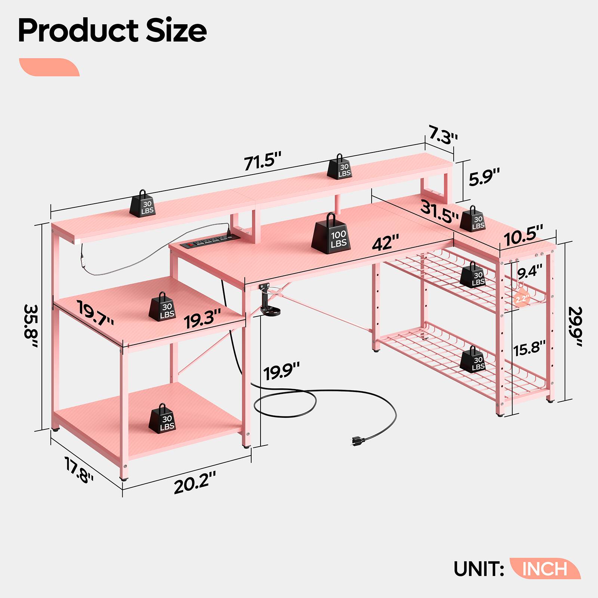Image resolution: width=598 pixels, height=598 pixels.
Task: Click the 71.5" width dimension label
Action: click(x=262, y=162)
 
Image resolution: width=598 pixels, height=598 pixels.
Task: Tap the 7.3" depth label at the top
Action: click(x=443, y=136)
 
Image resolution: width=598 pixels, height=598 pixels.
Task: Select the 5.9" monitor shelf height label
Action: click(x=484, y=177)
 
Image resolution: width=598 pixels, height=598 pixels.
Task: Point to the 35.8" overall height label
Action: click(x=31, y=326)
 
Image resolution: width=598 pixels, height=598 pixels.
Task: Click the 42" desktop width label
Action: click(x=385, y=243)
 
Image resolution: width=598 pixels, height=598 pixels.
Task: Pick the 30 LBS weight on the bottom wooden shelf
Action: click(x=162, y=419)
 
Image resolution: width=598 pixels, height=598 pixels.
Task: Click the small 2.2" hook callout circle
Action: click(x=523, y=299)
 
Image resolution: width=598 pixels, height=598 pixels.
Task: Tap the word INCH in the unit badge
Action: click(x=545, y=568)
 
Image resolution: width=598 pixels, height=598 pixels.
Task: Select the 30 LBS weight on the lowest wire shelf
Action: click(x=473, y=360)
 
